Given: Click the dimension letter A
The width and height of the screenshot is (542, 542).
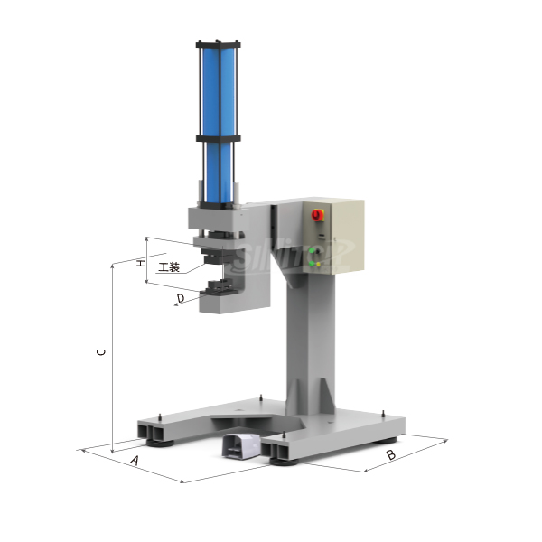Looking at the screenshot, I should [135, 460].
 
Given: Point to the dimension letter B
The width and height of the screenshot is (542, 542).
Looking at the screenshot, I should [390, 454].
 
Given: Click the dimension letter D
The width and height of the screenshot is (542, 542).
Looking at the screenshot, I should [181, 296].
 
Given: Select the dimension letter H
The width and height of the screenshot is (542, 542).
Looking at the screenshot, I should [139, 263].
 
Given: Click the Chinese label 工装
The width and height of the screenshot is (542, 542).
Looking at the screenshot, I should [169, 267].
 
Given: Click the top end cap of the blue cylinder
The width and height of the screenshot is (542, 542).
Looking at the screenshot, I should [218, 43].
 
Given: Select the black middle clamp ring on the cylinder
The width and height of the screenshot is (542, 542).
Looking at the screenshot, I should [218, 138].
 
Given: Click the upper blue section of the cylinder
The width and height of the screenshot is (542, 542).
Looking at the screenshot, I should [218, 90].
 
